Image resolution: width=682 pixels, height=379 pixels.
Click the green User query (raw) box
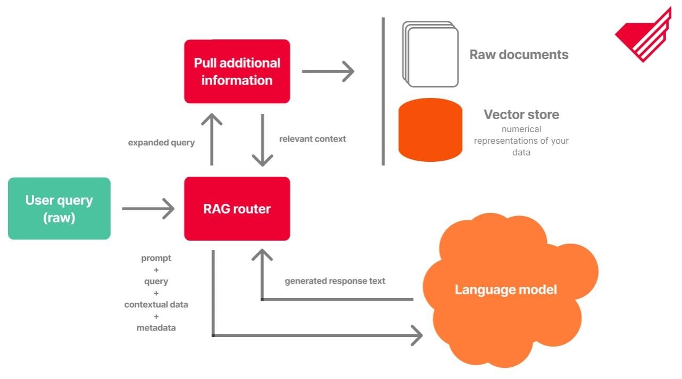59,209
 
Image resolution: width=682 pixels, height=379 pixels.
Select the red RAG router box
237,209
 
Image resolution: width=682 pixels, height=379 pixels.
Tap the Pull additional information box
237,71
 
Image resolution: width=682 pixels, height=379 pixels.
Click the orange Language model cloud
505,290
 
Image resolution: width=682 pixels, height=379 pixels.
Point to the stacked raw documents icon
430,54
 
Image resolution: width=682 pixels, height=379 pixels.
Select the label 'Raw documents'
519,54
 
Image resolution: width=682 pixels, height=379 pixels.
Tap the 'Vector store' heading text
521,114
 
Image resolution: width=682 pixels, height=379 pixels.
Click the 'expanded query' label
161,143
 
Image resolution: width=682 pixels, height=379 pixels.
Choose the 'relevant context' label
312,139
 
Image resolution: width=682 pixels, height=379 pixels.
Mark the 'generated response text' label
335,281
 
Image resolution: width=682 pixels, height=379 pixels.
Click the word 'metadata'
156,328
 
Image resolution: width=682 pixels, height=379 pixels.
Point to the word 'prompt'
156,258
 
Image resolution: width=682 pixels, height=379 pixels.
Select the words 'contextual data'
156,304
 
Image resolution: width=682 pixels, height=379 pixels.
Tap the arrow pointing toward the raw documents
327,71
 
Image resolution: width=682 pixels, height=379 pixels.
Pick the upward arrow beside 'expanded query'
213,138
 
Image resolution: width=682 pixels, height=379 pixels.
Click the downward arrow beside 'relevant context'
262,139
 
